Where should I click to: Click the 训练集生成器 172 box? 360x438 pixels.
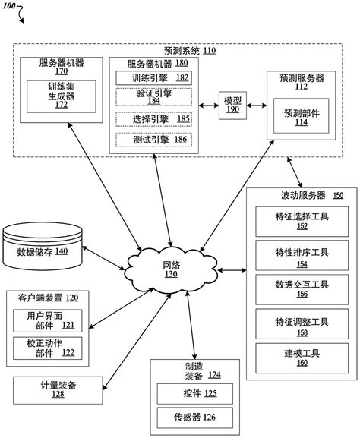62,96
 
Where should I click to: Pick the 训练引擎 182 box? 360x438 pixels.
153,77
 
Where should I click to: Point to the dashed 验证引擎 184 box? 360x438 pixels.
153,96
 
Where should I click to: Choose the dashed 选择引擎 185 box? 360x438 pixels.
153,118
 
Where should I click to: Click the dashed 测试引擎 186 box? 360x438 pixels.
153,140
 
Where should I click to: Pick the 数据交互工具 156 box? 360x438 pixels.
302,288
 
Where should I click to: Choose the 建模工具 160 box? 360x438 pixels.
302,357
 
